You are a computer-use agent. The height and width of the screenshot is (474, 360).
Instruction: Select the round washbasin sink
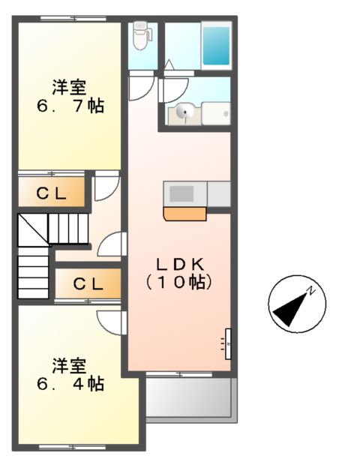point(184,113)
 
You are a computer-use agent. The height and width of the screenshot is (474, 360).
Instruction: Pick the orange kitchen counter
point(184,214)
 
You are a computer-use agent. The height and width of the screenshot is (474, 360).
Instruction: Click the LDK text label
point(180,263)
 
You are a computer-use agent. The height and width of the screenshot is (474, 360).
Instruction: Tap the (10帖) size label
point(180,283)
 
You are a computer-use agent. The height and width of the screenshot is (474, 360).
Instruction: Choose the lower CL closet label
point(88,284)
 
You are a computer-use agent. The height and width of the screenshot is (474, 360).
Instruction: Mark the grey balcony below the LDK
point(190,396)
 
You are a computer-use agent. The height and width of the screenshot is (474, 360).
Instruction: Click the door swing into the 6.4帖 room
point(109,322)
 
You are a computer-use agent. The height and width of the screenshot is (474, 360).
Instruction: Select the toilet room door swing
point(140,87)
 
